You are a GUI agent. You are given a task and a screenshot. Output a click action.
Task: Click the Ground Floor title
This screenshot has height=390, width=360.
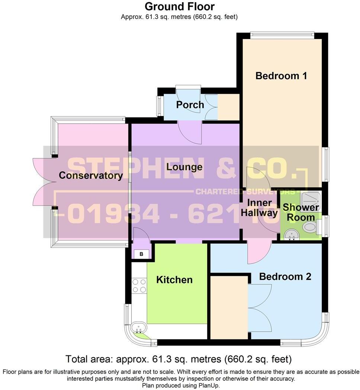coord(180,6)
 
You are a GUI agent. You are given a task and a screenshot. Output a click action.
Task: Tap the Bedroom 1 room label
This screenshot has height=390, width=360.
coord(281,76)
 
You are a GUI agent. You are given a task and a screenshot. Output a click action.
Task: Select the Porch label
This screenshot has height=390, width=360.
coord(190,105)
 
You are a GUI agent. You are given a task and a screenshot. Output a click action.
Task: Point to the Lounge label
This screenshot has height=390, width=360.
coord(184,167)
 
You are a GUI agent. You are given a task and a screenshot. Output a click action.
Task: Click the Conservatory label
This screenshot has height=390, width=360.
coord(91,175)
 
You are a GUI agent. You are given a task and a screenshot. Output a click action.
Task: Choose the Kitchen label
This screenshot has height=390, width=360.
coord(174,280)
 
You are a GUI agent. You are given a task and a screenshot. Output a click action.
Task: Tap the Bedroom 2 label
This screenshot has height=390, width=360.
coord(285,277)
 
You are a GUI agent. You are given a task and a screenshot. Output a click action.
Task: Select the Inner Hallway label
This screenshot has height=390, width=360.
coord(259,208)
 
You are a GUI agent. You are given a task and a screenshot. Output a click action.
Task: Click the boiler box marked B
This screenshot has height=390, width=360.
coord(141,254)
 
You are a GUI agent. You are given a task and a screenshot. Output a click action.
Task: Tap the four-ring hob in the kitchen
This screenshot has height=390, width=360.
coord(139,285)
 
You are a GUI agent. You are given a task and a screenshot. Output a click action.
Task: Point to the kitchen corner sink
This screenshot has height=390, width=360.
coord(139,328)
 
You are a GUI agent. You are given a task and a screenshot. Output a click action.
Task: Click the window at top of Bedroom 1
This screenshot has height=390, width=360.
coord(282,35)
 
